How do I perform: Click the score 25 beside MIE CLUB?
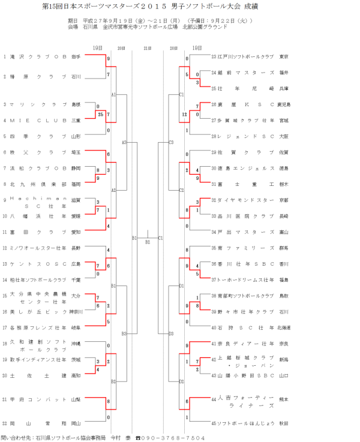tap(101, 114)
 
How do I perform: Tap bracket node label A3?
tap(124, 142)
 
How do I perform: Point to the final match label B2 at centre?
tap(148, 242)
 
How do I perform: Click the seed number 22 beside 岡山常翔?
tap(5, 423)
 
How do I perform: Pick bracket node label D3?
tap(171, 333)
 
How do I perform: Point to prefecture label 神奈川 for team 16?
tap(76, 312)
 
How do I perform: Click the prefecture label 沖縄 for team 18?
tap(76, 344)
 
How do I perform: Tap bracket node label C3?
tap(171, 142)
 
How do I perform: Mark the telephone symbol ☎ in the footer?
tap(137, 438)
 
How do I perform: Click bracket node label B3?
tap(124, 333)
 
